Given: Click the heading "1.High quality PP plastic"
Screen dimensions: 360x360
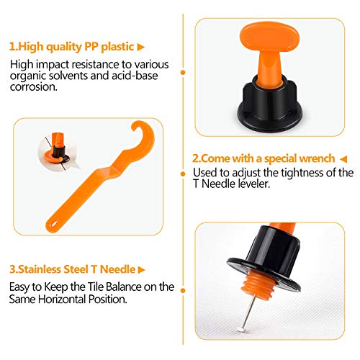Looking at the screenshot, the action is click(71, 47).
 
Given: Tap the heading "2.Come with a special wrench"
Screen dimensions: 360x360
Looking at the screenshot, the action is click(264, 158).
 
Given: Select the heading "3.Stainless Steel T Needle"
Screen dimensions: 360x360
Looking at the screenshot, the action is click(72, 269).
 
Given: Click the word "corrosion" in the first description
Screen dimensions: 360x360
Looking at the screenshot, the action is click(34, 87).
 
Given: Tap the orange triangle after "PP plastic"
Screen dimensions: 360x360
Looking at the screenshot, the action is click(141, 48).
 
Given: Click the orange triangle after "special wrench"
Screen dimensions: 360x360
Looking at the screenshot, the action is click(343, 159).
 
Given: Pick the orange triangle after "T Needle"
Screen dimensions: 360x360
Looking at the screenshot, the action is click(142, 270).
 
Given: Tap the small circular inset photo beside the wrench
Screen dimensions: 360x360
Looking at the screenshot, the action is click(57, 149).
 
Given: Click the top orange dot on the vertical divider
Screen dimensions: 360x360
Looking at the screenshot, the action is click(183, 72).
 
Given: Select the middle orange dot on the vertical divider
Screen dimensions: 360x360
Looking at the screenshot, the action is click(183, 174).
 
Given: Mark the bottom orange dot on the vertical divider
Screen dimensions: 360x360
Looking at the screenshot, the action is click(183, 291).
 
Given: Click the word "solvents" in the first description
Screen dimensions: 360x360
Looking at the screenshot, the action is click(68, 76).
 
